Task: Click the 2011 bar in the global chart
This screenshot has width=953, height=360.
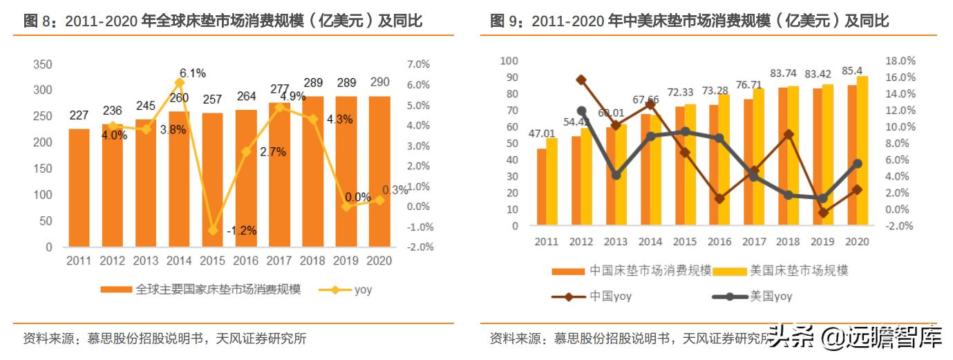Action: pyautogui.click(x=79, y=187)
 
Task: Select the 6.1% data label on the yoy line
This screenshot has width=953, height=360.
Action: pyautogui.click(x=193, y=73)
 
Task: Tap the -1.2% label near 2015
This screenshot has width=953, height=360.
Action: pyautogui.click(x=241, y=231)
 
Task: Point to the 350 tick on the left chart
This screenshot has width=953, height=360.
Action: pyautogui.click(x=43, y=64)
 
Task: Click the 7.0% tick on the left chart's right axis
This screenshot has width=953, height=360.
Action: pyautogui.click(x=419, y=64)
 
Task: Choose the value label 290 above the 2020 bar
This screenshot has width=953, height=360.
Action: pyautogui.click(x=379, y=83)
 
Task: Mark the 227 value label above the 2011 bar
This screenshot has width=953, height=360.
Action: pyautogui.click(x=79, y=116)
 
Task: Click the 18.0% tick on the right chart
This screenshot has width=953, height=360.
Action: pyautogui.click(x=900, y=61)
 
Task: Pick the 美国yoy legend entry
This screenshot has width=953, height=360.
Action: pyautogui.click(x=753, y=297)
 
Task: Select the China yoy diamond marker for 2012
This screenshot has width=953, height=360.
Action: pyautogui.click(x=581, y=80)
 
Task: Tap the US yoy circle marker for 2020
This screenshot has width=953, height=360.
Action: pyautogui.click(x=857, y=164)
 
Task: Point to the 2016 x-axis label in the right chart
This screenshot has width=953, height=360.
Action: pyautogui.click(x=719, y=242)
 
